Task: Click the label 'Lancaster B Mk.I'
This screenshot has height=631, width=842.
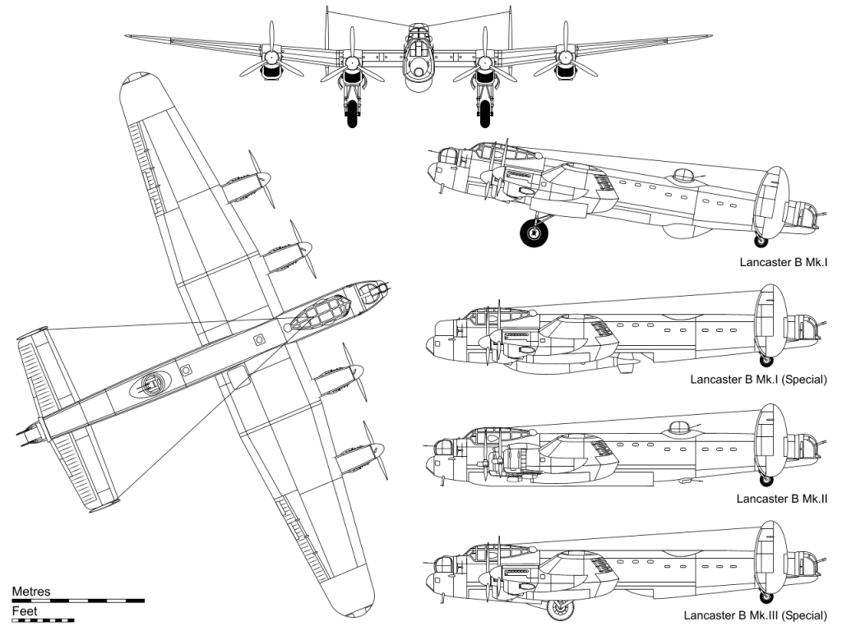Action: (783, 262)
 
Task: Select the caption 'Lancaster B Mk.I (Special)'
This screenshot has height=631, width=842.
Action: (758, 380)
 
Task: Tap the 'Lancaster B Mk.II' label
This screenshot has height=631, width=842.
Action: (781, 499)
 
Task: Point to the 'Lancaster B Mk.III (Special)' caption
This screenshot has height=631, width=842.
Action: (755, 615)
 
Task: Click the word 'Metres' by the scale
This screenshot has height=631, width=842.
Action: (31, 592)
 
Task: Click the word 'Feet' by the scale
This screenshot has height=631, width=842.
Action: (25, 611)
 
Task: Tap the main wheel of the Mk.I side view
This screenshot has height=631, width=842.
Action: (534, 233)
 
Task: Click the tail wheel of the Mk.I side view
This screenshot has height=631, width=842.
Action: (761, 242)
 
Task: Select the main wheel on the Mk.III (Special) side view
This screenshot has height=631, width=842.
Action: (560, 609)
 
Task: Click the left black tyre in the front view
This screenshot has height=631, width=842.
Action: (352, 113)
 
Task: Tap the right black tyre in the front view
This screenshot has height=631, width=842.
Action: (484, 113)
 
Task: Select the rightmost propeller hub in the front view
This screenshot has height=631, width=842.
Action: (564, 56)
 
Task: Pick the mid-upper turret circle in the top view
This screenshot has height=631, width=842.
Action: (151, 383)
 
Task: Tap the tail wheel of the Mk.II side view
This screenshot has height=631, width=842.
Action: (766, 480)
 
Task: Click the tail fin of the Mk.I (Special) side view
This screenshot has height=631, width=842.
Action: (770, 322)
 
